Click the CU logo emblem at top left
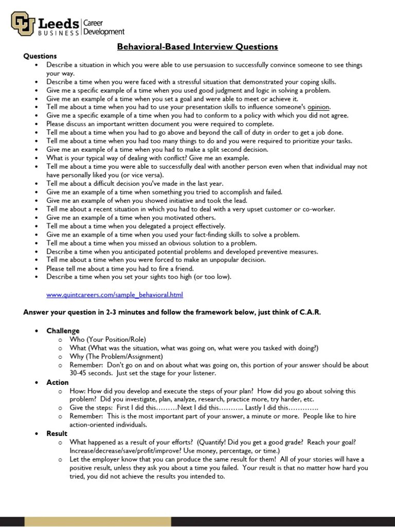coord(23,24)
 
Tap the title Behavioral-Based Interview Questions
coord(197,47)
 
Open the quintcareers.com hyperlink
coord(114,295)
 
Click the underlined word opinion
coord(318,107)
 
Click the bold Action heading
coord(57,382)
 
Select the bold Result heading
coord(57,433)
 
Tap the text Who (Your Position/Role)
coord(107,339)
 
